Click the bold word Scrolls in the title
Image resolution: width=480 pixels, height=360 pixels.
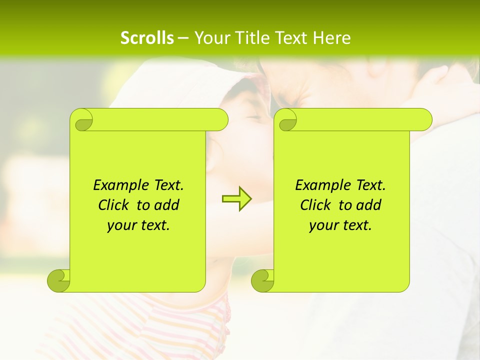coord(147,38)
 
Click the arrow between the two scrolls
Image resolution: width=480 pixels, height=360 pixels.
coord(236,198)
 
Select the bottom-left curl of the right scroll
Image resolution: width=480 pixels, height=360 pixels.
coord(263,280)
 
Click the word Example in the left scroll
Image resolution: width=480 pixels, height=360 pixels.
coord(119,185)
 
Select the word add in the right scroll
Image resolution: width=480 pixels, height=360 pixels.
coord(368,205)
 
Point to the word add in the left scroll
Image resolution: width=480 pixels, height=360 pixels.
coord(166,205)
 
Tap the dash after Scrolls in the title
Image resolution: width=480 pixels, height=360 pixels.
coord(183,38)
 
